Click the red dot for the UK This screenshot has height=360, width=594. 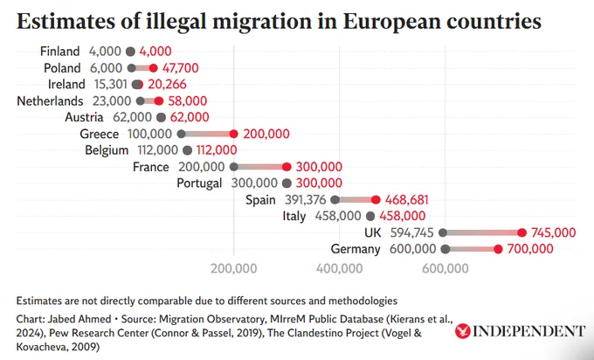point(521,232)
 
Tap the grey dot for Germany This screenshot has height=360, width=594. point(445,249)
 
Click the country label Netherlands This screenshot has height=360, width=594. point(50,100)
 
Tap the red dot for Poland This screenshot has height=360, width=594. point(154,67)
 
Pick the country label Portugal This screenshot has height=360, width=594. point(201,183)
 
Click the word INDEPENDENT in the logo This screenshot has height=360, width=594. point(529,332)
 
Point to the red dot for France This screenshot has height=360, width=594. point(287,167)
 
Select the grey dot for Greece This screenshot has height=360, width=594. point(181,134)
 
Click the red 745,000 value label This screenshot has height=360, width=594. point(553,232)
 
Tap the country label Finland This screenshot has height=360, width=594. point(60,52)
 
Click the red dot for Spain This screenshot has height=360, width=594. point(376,200)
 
